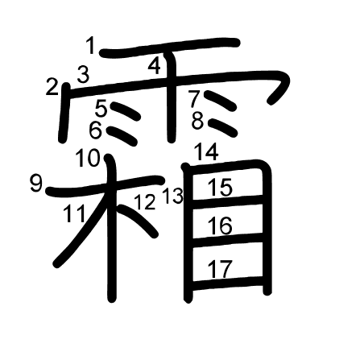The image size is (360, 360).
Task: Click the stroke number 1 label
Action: point(91,46)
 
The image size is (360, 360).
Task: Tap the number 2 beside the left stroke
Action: point(52,86)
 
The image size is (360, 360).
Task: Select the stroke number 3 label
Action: point(83,74)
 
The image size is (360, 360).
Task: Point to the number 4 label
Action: point(155,66)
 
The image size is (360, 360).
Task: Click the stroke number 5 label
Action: point(101,108)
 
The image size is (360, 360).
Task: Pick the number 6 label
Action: point(96,130)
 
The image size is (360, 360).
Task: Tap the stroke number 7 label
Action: point(194,99)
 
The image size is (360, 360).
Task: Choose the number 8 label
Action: point(198,121)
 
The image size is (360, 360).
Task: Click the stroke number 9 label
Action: point(36,184)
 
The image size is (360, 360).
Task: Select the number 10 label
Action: point(88,158)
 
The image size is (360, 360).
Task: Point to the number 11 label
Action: point(75,213)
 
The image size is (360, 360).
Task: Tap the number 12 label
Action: point(145,201)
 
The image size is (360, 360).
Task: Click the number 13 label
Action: point(173,196)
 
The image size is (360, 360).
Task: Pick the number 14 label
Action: point(206,152)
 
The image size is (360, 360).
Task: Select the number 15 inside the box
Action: point(220,187)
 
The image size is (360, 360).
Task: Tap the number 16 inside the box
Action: point(220,226)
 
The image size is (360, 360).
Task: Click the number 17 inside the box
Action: point(220,269)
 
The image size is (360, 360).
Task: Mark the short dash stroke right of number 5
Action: point(126,111)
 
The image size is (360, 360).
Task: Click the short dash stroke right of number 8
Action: point(223,127)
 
